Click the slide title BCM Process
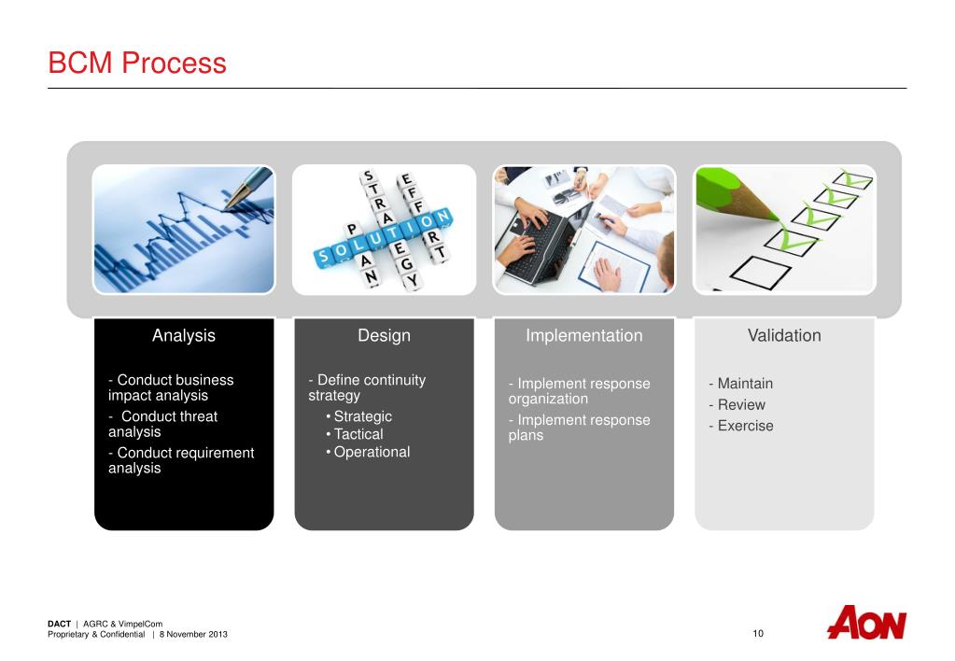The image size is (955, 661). (x=137, y=63)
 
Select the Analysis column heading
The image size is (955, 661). (x=184, y=335)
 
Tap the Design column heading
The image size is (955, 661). (x=384, y=335)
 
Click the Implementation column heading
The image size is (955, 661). (x=583, y=335)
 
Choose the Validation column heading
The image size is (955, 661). (x=784, y=335)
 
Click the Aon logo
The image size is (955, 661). (x=865, y=623)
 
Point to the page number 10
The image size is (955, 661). (x=757, y=635)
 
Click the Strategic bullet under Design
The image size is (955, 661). (x=362, y=416)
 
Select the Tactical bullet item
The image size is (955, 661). (x=358, y=434)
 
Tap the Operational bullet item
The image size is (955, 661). (x=372, y=452)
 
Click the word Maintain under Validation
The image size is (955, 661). (x=745, y=384)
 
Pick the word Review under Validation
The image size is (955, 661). (x=741, y=405)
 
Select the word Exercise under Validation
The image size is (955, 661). (x=745, y=426)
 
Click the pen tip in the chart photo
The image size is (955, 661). (x=230, y=202)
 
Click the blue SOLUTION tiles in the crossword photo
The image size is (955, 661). (x=383, y=237)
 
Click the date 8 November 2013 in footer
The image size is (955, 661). (x=193, y=635)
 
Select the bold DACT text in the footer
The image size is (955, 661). (x=59, y=624)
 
